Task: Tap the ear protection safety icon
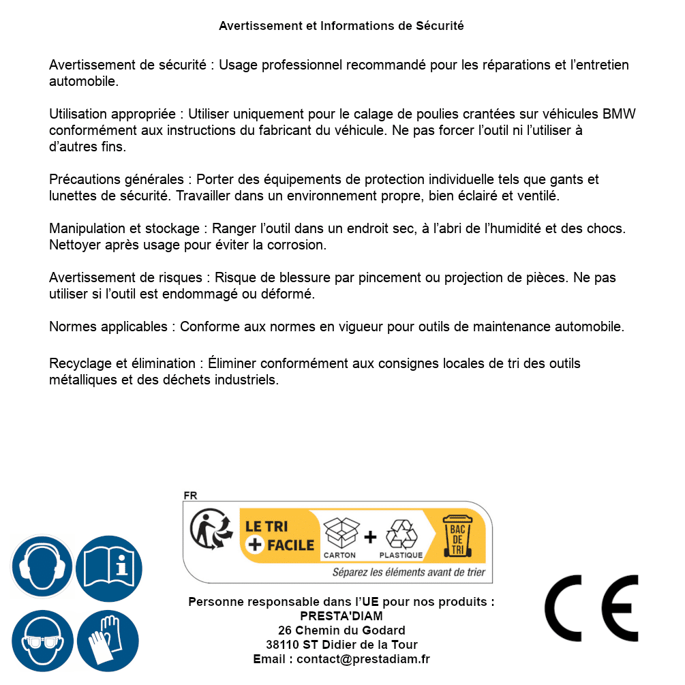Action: coord(42,566)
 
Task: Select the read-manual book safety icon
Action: coord(109,566)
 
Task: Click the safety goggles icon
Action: coord(42,641)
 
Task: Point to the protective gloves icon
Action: coord(108,641)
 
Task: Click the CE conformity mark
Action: coord(592,609)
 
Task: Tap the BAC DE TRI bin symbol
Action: coord(456,537)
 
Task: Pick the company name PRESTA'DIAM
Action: coord(341,616)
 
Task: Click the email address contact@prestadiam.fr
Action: coord(363,659)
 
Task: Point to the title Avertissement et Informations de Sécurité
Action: coord(341,26)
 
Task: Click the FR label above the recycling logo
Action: coord(190,496)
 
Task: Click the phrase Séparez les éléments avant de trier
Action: coord(408,572)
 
